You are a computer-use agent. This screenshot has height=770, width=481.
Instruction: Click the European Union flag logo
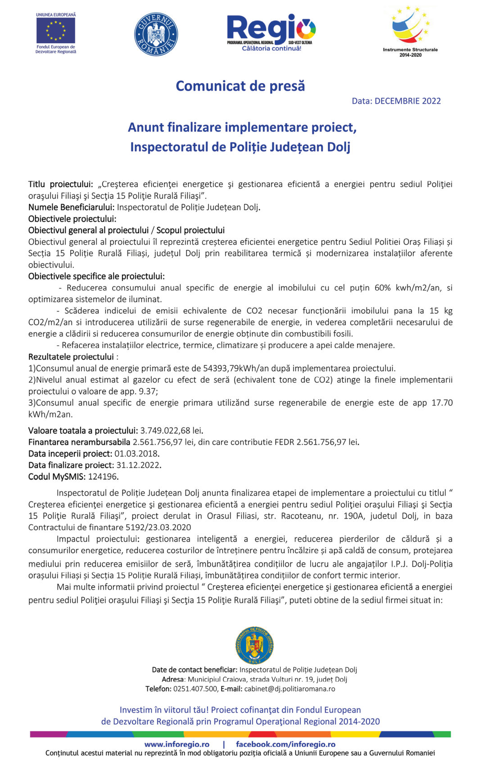pyautogui.click(x=56, y=31)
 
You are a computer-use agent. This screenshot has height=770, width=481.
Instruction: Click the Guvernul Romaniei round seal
pyautogui.click(x=156, y=34)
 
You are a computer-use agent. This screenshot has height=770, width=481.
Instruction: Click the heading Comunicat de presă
pyautogui.click(x=240, y=86)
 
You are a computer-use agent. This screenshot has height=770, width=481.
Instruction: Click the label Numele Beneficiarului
pyautogui.click(x=71, y=207)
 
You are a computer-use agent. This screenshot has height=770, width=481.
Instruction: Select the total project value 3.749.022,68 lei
pyautogui.click(x=171, y=431)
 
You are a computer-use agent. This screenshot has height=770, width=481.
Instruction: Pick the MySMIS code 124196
pyautogui.click(x=103, y=477)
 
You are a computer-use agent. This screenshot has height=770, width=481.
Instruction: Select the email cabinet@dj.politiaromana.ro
pyautogui.click(x=290, y=689)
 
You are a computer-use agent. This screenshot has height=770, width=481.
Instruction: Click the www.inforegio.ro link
pyautogui.click(x=177, y=744)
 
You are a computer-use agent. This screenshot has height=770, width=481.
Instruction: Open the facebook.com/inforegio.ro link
pyautogui.click(x=286, y=744)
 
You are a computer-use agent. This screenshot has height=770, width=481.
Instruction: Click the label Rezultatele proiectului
pyautogui.click(x=71, y=357)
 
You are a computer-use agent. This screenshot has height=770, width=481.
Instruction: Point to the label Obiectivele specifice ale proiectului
pyautogui.click(x=96, y=276)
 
